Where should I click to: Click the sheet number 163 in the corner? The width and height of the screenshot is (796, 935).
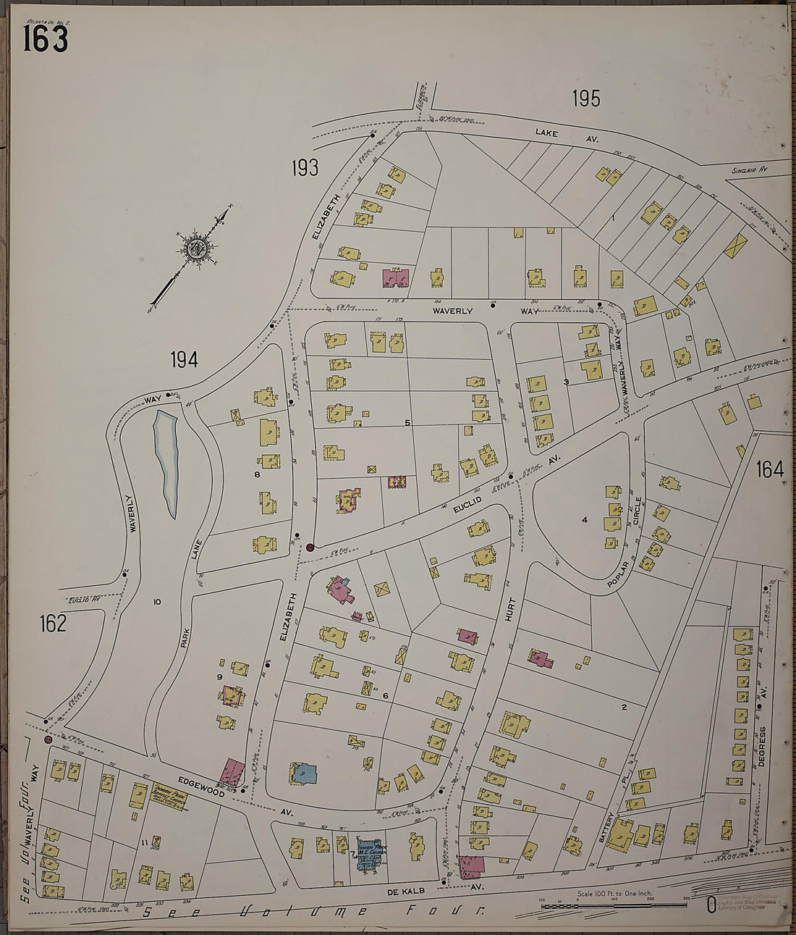pyautogui.click(x=45, y=39)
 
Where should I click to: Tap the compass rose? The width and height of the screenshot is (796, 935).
pyautogui.click(x=195, y=249)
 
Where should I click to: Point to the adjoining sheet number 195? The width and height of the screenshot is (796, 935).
pyautogui.click(x=585, y=98)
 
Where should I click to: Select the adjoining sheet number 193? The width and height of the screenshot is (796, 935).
pyautogui.click(x=305, y=168)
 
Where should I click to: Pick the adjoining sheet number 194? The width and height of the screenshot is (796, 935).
pyautogui.click(x=184, y=359)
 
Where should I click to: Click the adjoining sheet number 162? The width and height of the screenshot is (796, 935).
pyautogui.click(x=53, y=624)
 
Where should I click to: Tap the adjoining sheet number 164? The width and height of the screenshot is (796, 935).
pyautogui.click(x=770, y=469)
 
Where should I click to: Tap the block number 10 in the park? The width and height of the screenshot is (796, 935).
pyautogui.click(x=156, y=601)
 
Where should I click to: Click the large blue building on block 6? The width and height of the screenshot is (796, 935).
pyautogui.click(x=302, y=773)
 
